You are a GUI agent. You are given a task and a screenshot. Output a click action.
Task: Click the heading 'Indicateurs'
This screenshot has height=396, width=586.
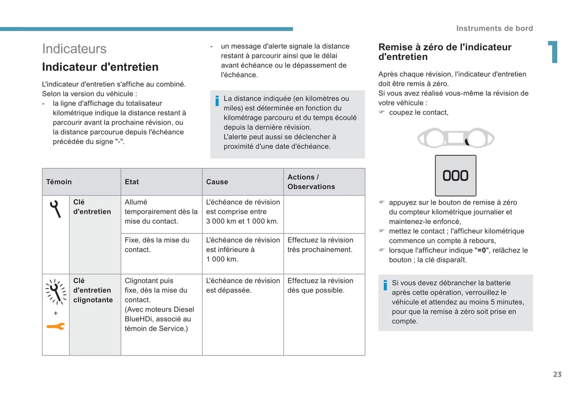(74, 49)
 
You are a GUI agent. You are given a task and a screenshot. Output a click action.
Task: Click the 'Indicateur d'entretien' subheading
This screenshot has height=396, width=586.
(100, 67)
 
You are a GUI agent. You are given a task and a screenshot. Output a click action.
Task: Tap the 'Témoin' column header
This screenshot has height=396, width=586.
(59, 182)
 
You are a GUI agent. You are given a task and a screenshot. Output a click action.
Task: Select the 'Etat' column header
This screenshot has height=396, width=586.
(132, 182)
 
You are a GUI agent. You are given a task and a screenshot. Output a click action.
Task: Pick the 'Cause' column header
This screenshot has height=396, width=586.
(217, 182)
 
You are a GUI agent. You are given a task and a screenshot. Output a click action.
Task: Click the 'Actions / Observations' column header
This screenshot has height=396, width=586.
(311, 182)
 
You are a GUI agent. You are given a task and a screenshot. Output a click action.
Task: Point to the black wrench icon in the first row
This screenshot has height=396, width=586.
(55, 209)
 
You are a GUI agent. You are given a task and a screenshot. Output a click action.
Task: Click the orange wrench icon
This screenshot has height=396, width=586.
(56, 326)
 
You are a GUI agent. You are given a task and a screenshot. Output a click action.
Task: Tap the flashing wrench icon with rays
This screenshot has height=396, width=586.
(56, 292)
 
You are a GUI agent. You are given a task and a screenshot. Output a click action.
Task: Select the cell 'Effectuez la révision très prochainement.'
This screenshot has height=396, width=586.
(320, 245)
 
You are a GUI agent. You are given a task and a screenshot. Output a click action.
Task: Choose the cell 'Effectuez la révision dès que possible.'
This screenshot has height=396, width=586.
(320, 285)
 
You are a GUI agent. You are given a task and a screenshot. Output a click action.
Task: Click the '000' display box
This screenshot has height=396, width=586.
(455, 176)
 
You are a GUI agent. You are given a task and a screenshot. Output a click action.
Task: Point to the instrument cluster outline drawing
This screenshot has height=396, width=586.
(455, 138)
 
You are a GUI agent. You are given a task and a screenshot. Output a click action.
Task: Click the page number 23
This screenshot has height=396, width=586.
(557, 375)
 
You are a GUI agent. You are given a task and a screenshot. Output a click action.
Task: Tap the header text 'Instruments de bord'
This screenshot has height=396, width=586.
(494, 28)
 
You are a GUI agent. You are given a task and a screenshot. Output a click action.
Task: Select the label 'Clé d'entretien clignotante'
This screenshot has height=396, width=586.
(93, 290)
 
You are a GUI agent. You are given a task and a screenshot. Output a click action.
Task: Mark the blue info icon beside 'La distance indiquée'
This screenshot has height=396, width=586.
(217, 101)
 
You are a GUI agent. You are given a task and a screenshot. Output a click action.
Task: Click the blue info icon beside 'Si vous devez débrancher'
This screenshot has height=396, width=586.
(385, 285)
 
